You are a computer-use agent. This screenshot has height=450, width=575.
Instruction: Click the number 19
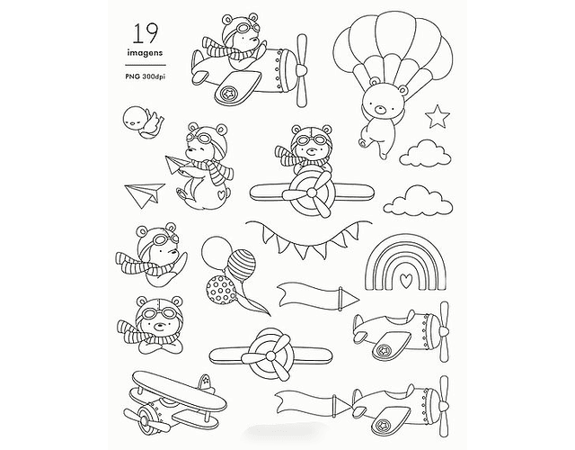146,33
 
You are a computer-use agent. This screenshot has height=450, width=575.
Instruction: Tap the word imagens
145,53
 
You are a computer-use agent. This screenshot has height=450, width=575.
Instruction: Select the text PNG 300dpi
146,76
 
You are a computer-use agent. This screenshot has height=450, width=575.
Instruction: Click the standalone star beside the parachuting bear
438,116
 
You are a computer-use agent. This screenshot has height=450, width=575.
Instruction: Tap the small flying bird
142,122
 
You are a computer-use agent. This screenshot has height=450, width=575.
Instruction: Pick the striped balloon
242,265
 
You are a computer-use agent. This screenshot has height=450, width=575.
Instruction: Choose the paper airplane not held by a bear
144,194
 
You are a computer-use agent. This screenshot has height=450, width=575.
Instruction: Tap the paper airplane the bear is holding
174,164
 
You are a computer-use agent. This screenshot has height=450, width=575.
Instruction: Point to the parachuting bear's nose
381,109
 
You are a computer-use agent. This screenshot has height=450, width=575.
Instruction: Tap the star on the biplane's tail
206,382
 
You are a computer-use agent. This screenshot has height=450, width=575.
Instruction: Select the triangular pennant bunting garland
308,238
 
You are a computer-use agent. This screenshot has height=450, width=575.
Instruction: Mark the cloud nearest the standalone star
425,152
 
